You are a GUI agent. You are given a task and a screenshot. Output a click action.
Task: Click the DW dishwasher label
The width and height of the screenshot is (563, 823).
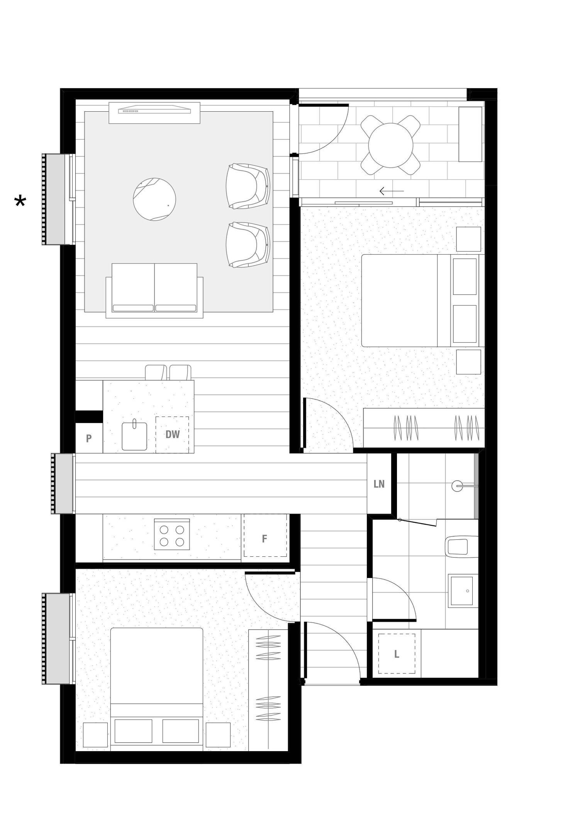click(x=173, y=434)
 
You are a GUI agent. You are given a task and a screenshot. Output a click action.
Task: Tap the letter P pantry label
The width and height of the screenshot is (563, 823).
click(x=89, y=439)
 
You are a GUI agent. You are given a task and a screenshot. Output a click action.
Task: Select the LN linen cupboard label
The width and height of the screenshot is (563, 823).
click(x=379, y=484)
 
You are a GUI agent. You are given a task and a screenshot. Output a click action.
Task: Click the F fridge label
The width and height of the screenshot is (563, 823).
click(x=265, y=539)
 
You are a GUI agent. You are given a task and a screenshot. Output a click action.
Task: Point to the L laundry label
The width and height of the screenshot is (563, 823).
click(x=396, y=654)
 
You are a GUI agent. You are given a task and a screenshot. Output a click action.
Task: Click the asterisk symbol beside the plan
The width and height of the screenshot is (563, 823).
click(x=20, y=202)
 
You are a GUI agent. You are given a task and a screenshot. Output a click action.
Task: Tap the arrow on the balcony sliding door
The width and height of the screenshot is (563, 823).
click(x=391, y=191)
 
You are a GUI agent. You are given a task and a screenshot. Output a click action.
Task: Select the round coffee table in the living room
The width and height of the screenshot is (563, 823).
click(x=154, y=199)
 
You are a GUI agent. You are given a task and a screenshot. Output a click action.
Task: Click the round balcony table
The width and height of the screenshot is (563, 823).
click(x=391, y=145)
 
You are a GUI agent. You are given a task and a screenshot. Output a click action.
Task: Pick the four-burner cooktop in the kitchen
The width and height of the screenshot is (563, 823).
click(x=172, y=534)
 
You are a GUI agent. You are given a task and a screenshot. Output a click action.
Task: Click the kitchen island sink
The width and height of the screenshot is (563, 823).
click(x=134, y=435)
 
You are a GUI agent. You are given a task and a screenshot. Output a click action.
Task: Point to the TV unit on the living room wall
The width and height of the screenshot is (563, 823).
click(x=154, y=113)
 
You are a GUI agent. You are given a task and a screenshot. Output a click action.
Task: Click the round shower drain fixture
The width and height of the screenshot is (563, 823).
click(x=457, y=486)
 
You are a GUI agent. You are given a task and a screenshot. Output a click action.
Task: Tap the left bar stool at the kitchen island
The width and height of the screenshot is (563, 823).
click(x=156, y=372)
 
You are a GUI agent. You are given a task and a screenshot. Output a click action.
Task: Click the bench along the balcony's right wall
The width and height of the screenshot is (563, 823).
click(x=470, y=134)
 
